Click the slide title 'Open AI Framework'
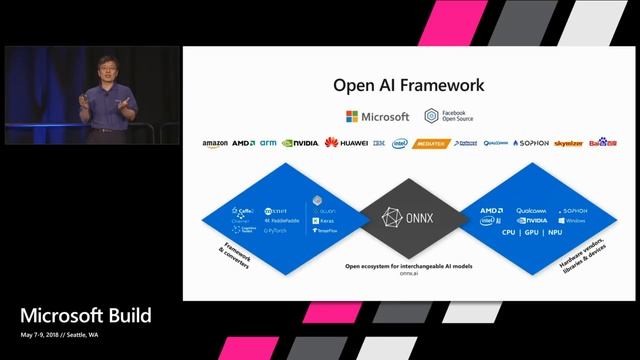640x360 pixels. tap(409, 86)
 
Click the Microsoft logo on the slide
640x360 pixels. tap(378, 117)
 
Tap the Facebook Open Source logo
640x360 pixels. tap(451, 117)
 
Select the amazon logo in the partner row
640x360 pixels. tap(215, 143)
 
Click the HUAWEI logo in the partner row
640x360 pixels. tap(345, 143)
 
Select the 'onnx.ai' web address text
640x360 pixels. tap(409, 275)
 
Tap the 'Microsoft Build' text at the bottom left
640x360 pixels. tap(85, 316)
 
